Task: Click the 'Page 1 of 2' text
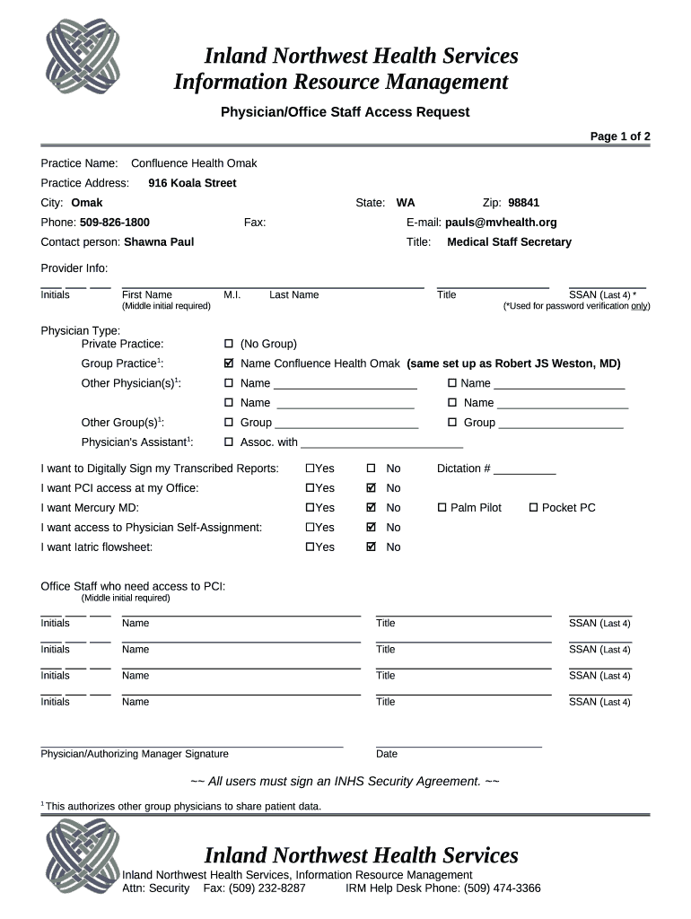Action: click(619, 136)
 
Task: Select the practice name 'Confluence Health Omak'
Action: click(194, 163)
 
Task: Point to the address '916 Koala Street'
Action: click(192, 183)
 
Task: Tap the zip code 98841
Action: click(523, 203)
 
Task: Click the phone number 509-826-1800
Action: click(115, 223)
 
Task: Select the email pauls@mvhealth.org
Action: click(501, 223)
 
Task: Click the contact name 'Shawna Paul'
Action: click(159, 242)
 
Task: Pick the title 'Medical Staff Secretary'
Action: click(509, 242)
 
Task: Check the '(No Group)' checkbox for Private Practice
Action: click(229, 344)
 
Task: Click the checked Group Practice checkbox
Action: click(229, 363)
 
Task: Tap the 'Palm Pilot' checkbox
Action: click(442, 508)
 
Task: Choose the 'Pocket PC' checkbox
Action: click(533, 508)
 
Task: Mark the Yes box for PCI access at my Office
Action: click(311, 488)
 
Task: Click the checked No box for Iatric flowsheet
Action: click(372, 547)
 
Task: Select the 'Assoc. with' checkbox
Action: click(229, 442)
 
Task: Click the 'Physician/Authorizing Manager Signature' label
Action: click(135, 754)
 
